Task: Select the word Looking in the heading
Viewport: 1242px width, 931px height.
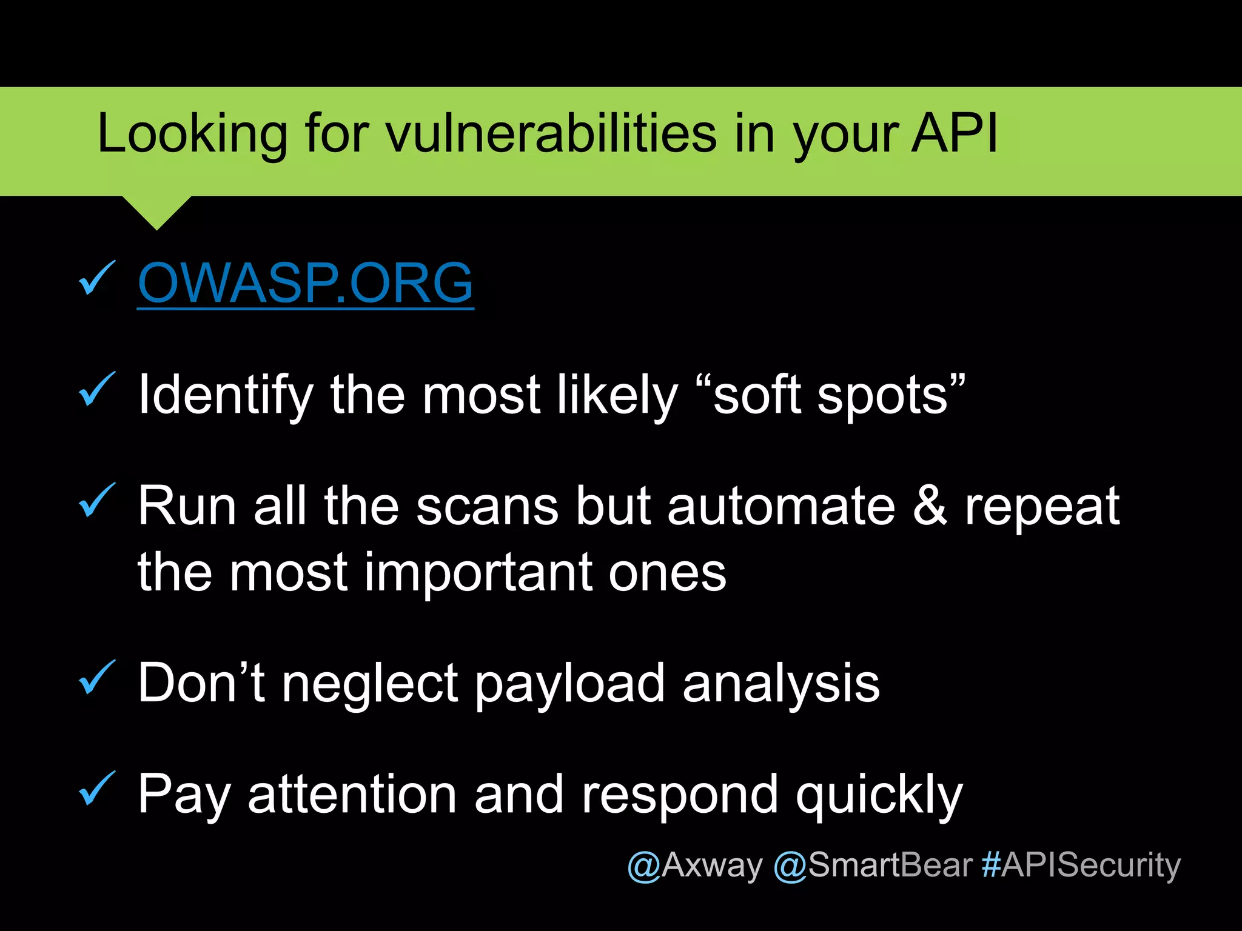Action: click(192, 135)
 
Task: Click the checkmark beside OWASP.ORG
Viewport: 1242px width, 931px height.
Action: click(97, 278)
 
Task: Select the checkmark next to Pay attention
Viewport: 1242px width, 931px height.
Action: click(97, 789)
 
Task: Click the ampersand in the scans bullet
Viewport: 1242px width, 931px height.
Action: click(930, 506)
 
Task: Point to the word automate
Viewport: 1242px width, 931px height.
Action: click(781, 506)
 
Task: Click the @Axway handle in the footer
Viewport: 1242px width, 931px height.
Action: click(694, 865)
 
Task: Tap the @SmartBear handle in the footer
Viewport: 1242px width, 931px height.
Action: click(873, 865)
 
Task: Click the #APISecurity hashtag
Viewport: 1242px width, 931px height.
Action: click(1081, 865)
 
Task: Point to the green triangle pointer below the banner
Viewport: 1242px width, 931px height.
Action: click(157, 210)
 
